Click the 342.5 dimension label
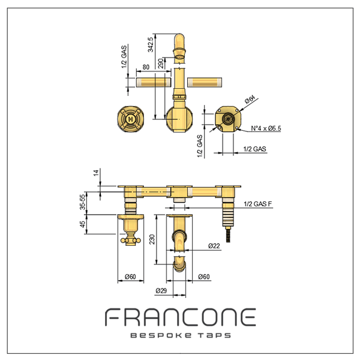point(151,44)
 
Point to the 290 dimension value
point(161,64)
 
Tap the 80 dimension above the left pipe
point(146,67)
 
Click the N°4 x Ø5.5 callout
point(266,128)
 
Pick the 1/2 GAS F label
point(258,204)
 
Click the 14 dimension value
point(96,173)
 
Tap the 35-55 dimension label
point(82,202)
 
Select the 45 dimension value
point(82,224)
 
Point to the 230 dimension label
point(152,239)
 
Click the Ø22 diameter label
point(214,246)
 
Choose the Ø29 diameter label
point(161,291)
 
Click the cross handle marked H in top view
point(131,119)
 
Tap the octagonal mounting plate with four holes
point(228,119)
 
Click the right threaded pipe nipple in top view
point(205,82)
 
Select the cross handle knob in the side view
point(131,240)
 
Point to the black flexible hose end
point(228,234)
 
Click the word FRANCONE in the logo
point(181,317)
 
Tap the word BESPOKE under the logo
point(161,335)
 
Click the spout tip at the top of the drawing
point(179,37)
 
